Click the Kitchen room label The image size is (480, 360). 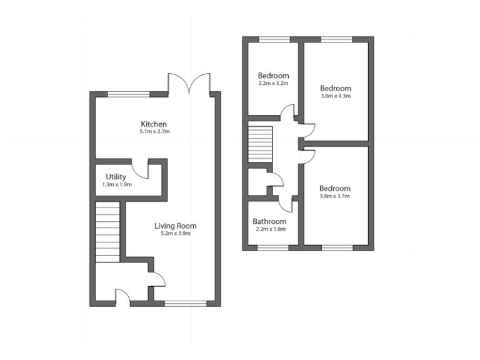[x=154, y=124]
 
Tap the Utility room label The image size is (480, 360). [x=116, y=177]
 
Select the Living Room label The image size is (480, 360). [x=176, y=226]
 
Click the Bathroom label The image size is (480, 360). [x=269, y=221]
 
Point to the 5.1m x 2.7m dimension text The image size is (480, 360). [x=154, y=132]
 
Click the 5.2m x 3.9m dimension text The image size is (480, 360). [x=176, y=234]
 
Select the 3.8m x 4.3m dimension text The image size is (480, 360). [x=336, y=96]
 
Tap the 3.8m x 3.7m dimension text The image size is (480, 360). [x=335, y=196]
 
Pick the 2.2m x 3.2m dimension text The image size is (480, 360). [x=273, y=83]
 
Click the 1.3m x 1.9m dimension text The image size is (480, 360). [x=116, y=185]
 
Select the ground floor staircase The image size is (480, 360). [x=107, y=232]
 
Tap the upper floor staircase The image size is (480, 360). [x=261, y=143]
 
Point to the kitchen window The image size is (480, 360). [x=129, y=94]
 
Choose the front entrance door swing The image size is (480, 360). [x=122, y=297]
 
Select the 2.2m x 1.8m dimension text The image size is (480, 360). [x=269, y=229]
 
